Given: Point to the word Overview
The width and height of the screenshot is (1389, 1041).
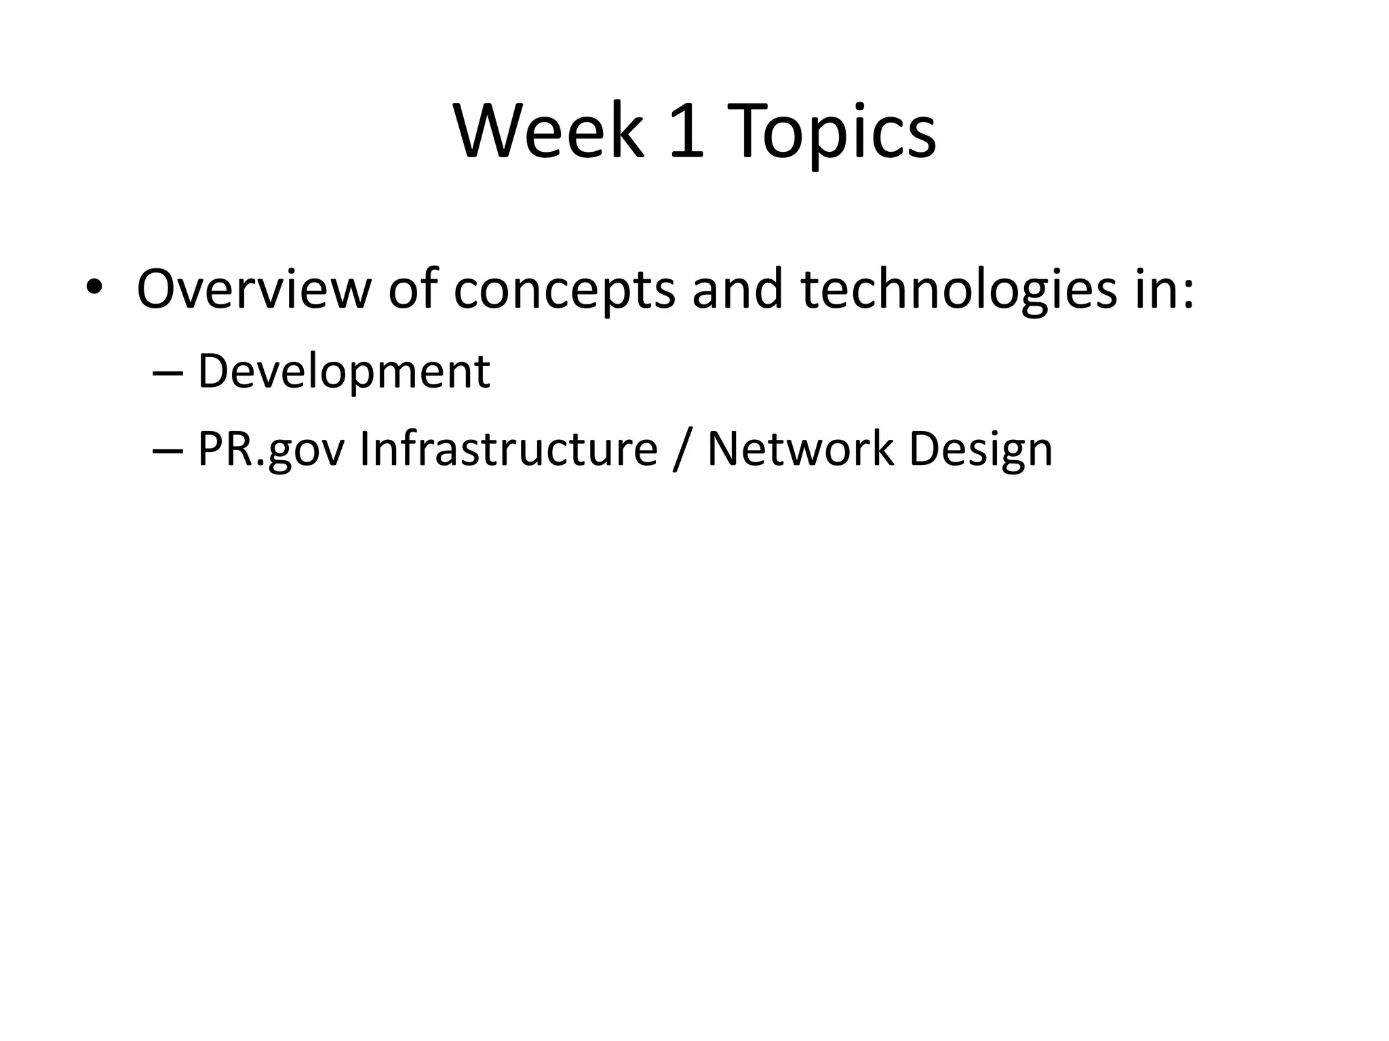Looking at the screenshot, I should (x=254, y=289).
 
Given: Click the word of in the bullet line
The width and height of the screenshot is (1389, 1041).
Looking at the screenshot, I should (x=412, y=289).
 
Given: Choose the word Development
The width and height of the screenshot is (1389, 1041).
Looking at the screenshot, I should (x=343, y=373).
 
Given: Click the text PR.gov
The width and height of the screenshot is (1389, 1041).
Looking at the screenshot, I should (x=271, y=451).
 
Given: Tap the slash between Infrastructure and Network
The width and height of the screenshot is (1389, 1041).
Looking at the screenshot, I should (x=682, y=451).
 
